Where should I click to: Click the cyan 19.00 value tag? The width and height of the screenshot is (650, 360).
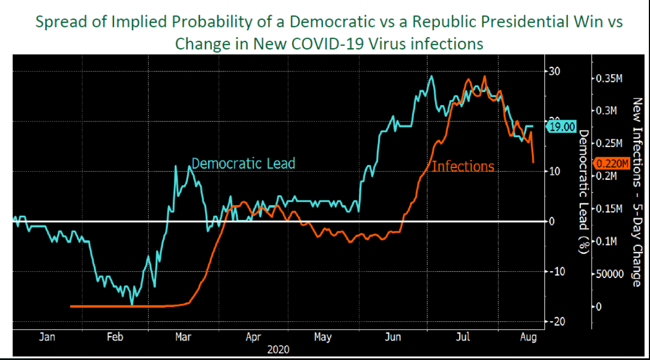pyautogui.click(x=562, y=127)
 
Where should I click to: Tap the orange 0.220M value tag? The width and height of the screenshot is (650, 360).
pyautogui.click(x=608, y=163)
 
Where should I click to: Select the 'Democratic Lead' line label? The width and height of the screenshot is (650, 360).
pyautogui.click(x=243, y=163)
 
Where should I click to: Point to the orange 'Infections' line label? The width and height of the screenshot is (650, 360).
pyautogui.click(x=463, y=166)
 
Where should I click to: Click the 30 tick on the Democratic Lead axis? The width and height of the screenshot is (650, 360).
pyautogui.click(x=554, y=71)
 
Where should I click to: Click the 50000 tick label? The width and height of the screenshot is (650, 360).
pyautogui.click(x=610, y=274)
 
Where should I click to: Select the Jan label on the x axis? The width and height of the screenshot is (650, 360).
pyautogui.click(x=47, y=337)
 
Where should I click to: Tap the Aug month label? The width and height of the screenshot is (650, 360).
pyautogui.click(x=529, y=337)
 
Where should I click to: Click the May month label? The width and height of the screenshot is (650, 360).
pyautogui.click(x=322, y=337)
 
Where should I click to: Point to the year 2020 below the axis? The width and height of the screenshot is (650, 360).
pyautogui.click(x=279, y=349)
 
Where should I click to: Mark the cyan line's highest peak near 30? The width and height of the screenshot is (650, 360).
pyautogui.click(x=431, y=76)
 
